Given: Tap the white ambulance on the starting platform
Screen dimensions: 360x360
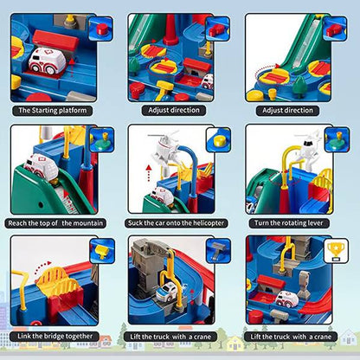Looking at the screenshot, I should pos(42,60).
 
